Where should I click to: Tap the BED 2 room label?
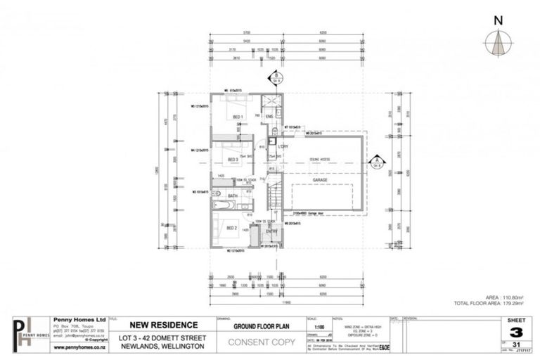(x=231, y=228)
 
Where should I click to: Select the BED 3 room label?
(x=233, y=160)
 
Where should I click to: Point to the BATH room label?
(x=233, y=195)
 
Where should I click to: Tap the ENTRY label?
(x=271, y=231)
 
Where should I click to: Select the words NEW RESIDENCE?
(x=159, y=325)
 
